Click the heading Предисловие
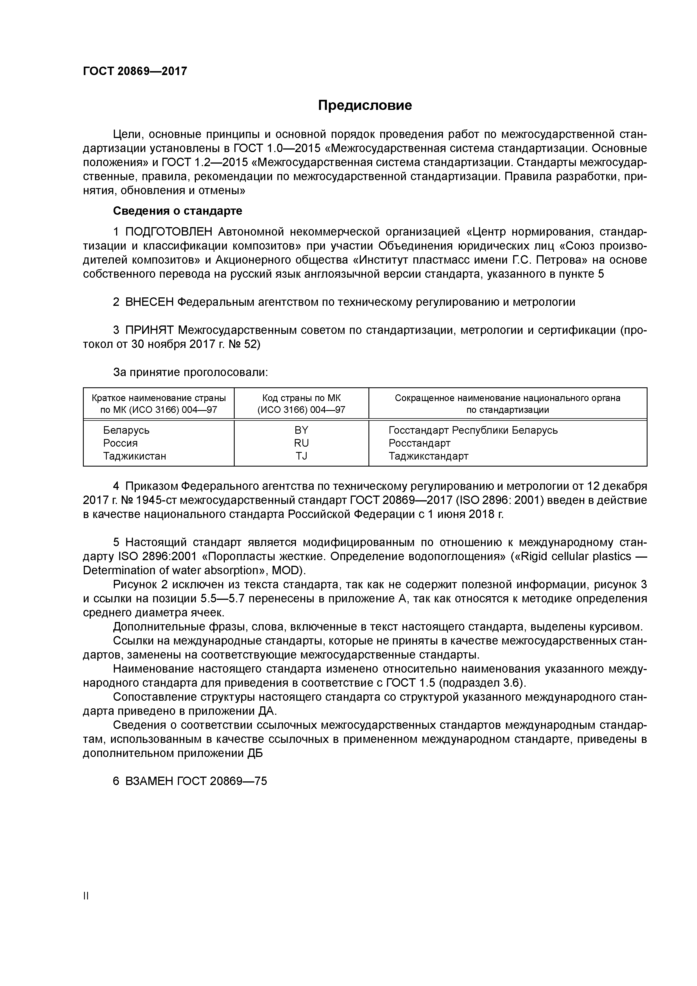pyautogui.click(x=365, y=106)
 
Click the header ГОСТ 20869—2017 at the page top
pyautogui.click(x=135, y=71)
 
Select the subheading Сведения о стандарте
pyautogui.click(x=177, y=211)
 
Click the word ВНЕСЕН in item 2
pyautogui.click(x=150, y=302)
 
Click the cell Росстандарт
pyautogui.click(x=419, y=443)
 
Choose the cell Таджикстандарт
pyautogui.click(x=428, y=456)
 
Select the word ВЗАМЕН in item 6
pyautogui.click(x=150, y=781)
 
